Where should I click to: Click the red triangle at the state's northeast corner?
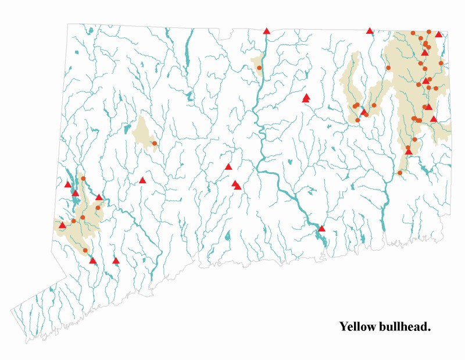tap(439, 34)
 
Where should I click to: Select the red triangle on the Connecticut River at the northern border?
tap(266, 31)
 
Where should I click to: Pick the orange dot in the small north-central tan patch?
tap(259, 68)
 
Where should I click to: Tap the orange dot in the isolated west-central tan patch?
tap(155, 143)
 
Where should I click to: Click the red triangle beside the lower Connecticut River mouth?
tap(322, 229)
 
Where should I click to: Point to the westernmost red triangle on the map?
tap(62, 225)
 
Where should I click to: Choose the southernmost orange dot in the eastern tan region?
tap(400, 173)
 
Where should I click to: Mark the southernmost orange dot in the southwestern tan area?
tap(85, 250)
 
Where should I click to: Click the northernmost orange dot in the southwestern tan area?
tap(83, 179)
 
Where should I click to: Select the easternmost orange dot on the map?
tap(441, 63)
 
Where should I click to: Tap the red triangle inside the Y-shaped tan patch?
tap(364, 112)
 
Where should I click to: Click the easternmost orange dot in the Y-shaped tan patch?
tap(374, 105)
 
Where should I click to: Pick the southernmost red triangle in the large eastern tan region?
tap(409, 151)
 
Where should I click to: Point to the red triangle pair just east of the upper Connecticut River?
tap(306, 98)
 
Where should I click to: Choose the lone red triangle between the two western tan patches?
tap(142, 180)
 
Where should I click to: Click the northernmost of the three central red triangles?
tap(228, 167)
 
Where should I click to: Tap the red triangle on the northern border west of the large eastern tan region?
tap(370, 30)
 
